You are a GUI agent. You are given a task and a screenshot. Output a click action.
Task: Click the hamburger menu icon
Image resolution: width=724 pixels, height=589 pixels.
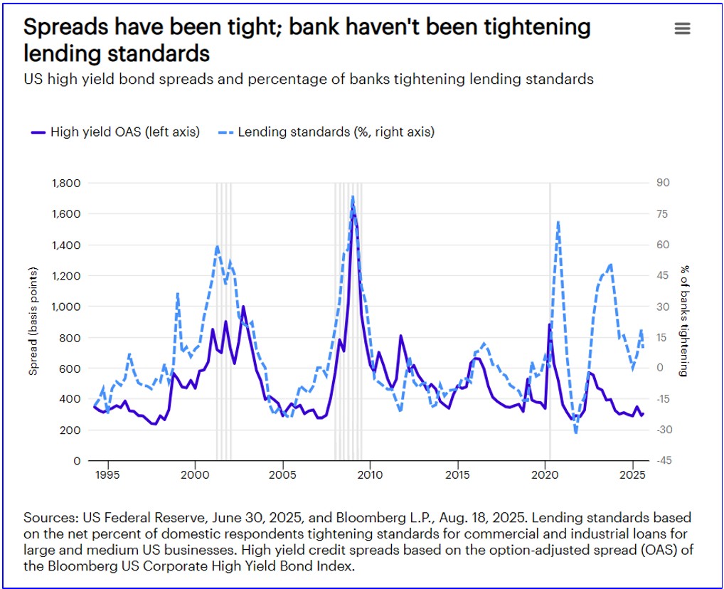coord(682,28)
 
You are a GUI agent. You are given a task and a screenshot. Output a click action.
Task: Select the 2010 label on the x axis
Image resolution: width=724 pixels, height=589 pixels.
coord(370,474)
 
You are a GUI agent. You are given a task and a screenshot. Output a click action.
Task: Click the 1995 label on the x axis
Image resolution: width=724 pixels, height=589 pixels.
coord(107,474)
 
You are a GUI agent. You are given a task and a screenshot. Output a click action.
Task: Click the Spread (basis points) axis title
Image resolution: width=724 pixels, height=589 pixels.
coord(33,322)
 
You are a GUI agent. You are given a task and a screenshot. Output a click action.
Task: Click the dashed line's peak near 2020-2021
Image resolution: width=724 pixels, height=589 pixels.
coord(558,222)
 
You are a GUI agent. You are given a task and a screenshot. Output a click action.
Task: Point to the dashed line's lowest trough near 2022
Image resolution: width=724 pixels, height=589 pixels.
coord(575,433)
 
